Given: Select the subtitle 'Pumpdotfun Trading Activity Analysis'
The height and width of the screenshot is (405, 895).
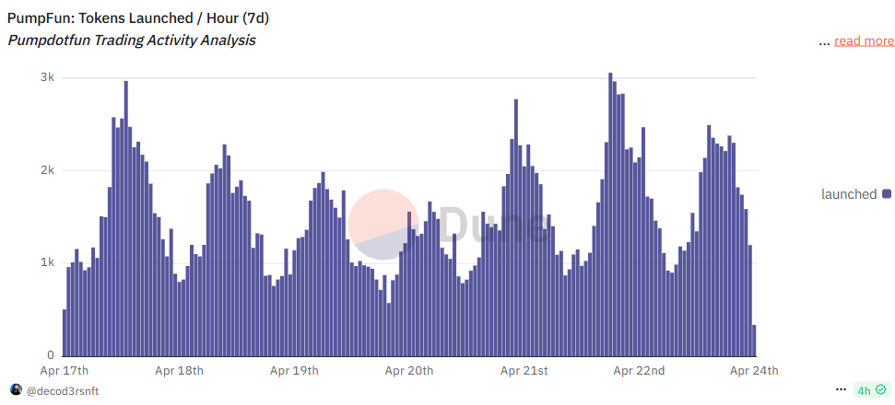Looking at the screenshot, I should tap(132, 40).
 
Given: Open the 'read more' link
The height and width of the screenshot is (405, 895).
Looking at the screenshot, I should tap(864, 40).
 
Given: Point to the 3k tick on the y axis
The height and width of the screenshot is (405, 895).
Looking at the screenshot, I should tap(46, 78).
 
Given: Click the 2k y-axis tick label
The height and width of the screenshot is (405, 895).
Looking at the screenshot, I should tap(46, 171).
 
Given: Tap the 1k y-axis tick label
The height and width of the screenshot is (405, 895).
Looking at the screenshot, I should tap(46, 263).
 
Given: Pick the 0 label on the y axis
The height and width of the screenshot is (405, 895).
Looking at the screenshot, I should tap(52, 355).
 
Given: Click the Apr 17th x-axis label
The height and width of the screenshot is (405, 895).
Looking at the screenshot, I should tap(65, 371).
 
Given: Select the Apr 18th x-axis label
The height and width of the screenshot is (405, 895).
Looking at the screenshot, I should tap(179, 371).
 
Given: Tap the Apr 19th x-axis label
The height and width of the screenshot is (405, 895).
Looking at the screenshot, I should tap(294, 371).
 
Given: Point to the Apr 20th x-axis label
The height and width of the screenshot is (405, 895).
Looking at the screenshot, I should tap(409, 371).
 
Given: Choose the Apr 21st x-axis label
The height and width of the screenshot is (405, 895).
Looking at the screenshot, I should tap(524, 371).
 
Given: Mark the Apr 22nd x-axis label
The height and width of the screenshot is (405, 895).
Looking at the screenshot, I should tap(639, 371).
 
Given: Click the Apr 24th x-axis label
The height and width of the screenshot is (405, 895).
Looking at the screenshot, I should tap(754, 371).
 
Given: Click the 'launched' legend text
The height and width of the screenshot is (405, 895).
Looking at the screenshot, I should tap(849, 194).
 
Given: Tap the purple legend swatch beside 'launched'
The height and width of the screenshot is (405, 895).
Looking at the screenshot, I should tap(887, 194).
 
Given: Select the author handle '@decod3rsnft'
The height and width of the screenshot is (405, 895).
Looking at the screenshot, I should tap(62, 391).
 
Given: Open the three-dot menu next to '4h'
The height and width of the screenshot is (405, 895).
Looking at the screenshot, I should tap(841, 390).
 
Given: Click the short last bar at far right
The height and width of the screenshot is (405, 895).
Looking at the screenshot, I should tap(754, 340).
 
